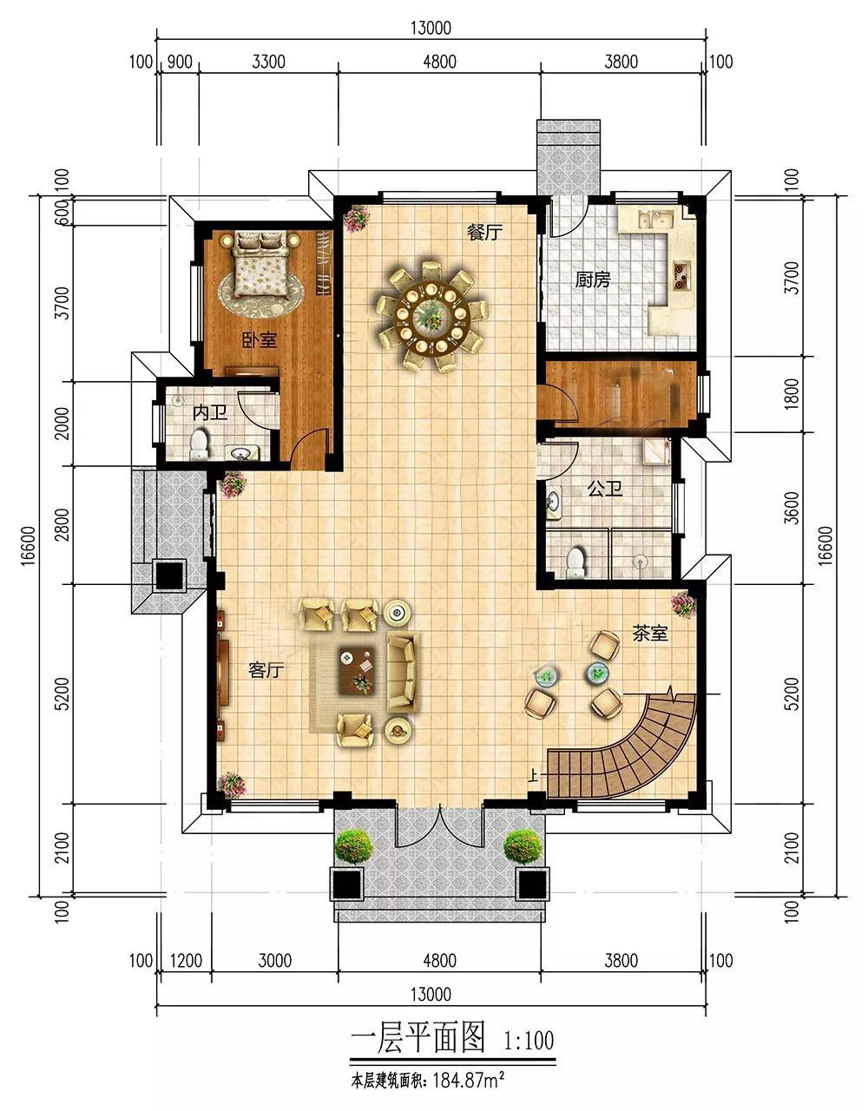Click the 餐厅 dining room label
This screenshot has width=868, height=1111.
click(x=484, y=233)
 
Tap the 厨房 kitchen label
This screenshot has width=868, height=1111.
click(x=593, y=279)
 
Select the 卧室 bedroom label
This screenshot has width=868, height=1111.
click(x=260, y=340)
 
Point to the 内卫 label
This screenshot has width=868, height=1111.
click(x=209, y=412)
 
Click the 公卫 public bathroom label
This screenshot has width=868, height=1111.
click(x=605, y=489)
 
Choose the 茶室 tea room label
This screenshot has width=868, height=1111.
click(x=650, y=634)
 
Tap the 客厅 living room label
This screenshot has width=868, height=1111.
click(x=266, y=670)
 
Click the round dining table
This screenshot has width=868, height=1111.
click(x=432, y=317)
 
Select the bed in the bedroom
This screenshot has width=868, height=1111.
click(x=260, y=264)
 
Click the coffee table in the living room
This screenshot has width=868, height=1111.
click(x=358, y=671)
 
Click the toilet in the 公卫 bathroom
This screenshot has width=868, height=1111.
click(x=576, y=563)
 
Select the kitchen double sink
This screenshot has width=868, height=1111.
click(x=654, y=220)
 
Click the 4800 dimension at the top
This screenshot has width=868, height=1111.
click(x=439, y=62)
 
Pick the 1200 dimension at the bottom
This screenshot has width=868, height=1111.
click(x=186, y=961)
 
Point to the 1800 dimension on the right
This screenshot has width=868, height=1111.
click(x=791, y=394)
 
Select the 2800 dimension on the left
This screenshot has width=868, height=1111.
click(x=62, y=524)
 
